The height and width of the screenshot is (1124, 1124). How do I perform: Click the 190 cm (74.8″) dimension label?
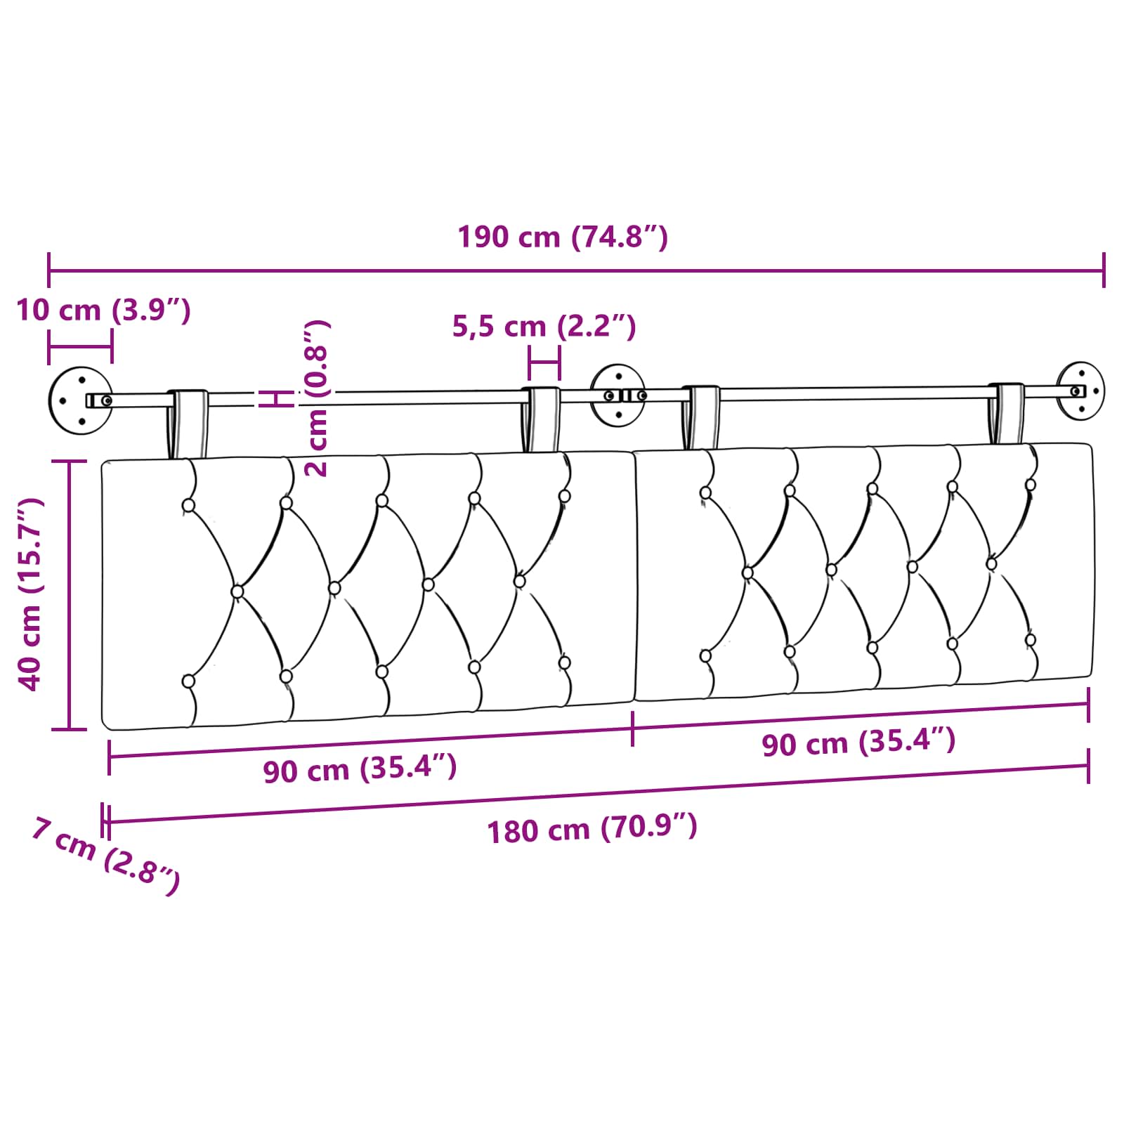[x=562, y=237]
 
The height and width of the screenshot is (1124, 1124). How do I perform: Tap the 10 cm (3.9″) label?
[x=103, y=310]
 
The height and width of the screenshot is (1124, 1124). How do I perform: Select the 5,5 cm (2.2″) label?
[x=544, y=327]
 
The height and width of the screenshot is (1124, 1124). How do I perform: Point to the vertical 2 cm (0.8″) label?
[x=318, y=398]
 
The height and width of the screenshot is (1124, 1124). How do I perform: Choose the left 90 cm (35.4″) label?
[x=360, y=769]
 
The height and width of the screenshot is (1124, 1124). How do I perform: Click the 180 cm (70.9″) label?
[x=592, y=829]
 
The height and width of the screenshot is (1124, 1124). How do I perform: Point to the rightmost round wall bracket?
[x=1080, y=391]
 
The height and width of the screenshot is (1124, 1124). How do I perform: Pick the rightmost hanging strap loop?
[x=1006, y=414]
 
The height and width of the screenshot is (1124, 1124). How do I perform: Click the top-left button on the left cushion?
[x=188, y=505]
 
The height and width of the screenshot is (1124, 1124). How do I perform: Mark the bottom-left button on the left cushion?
[x=188, y=681]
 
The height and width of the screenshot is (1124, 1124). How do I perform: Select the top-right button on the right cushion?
[x=1031, y=485]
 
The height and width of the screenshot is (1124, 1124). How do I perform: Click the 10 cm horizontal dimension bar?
[x=80, y=346]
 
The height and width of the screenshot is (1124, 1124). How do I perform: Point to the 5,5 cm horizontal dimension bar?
[x=544, y=363]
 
